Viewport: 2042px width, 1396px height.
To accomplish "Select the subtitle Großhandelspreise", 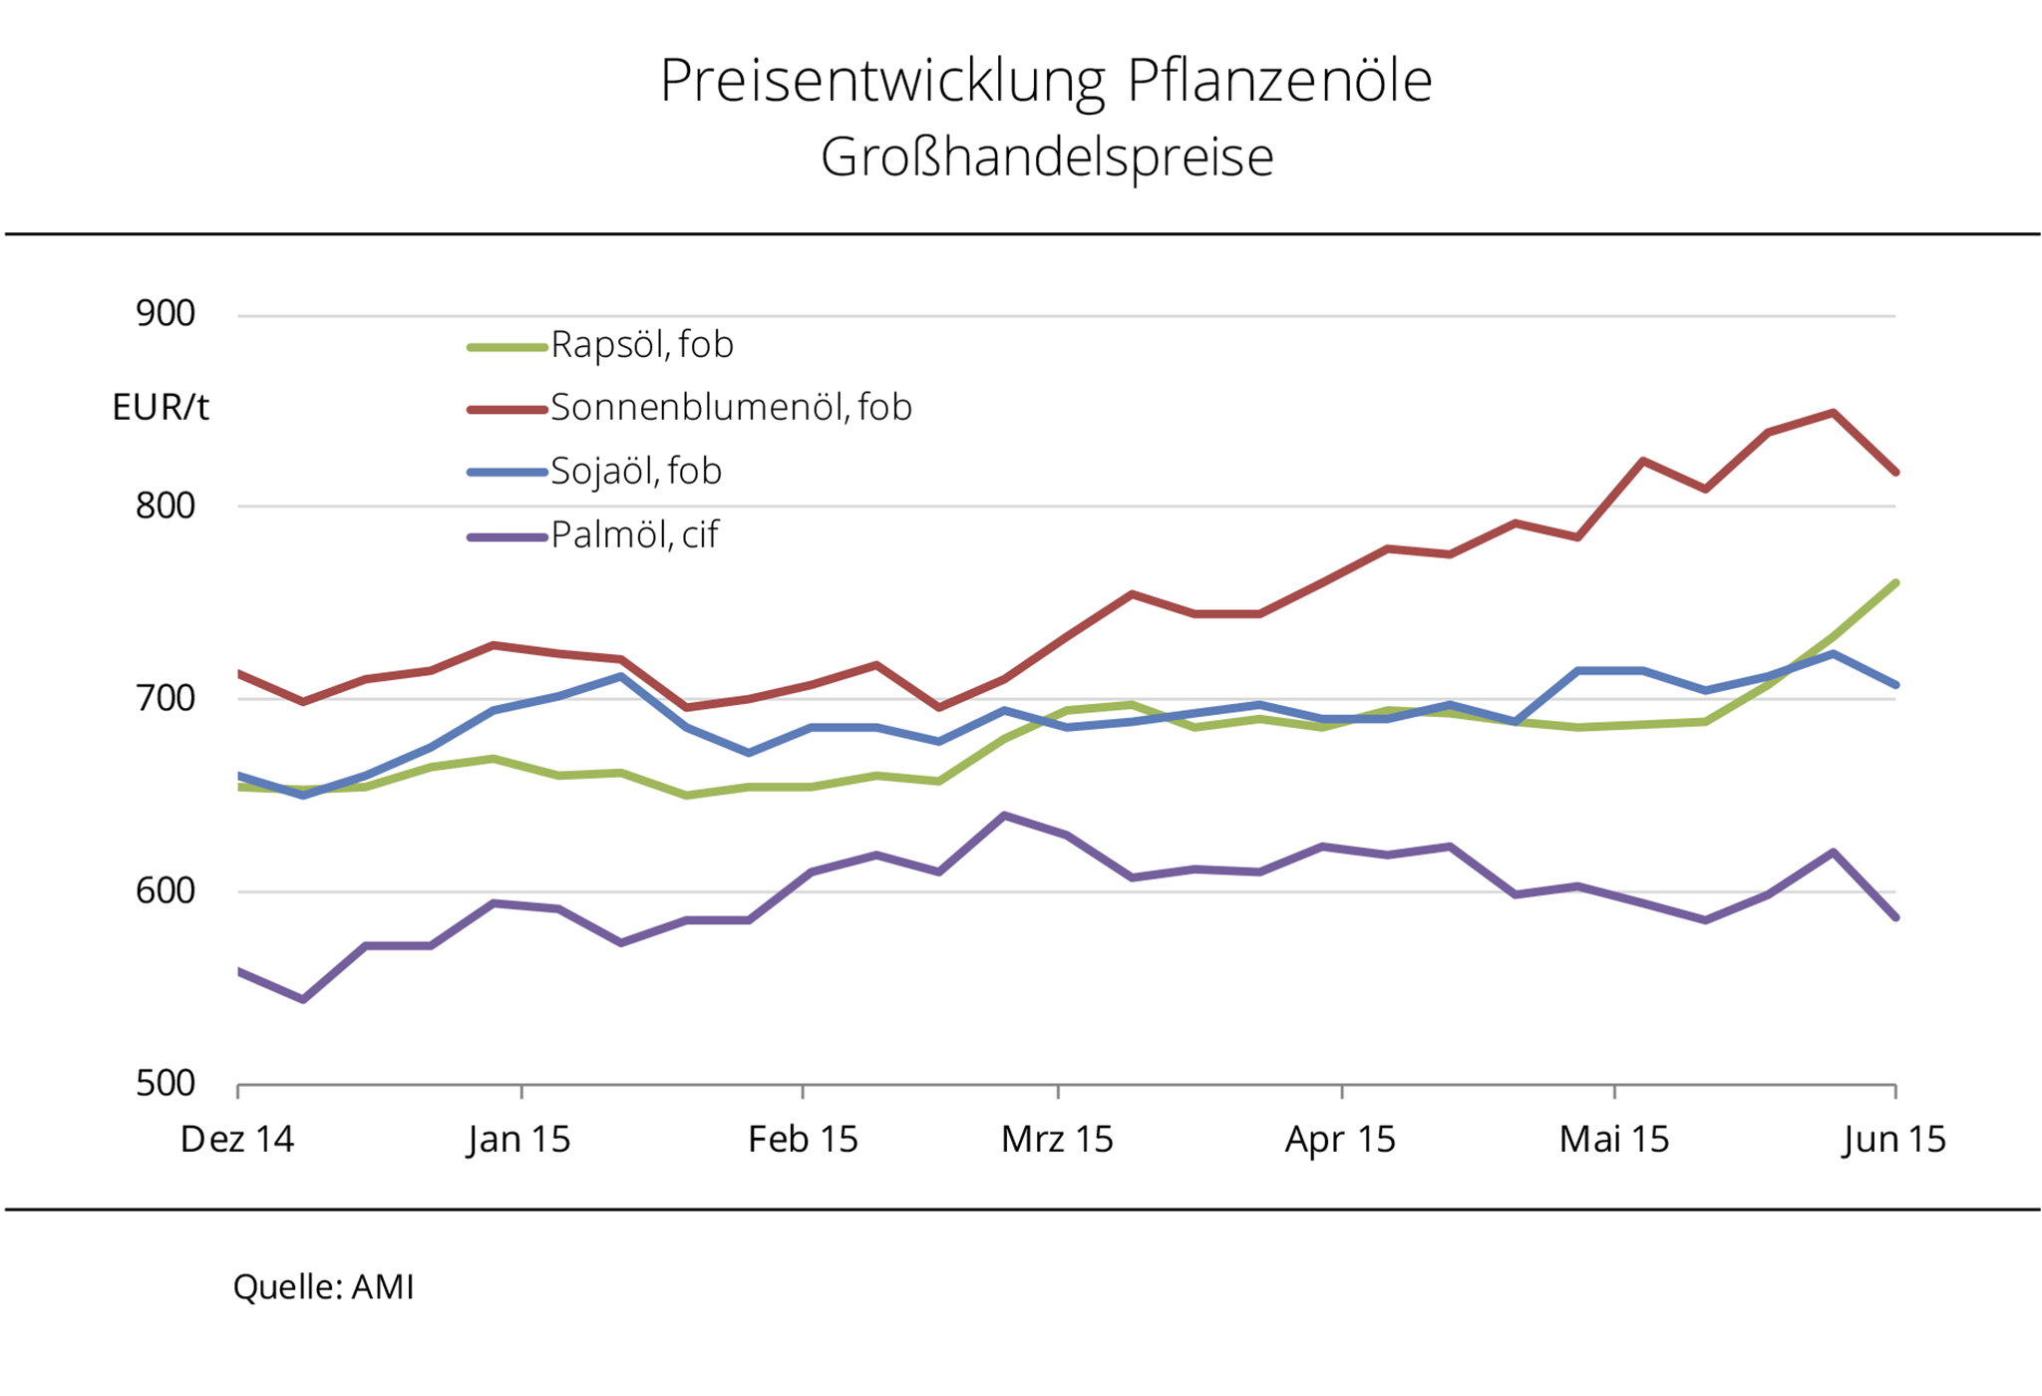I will coord(1047,158).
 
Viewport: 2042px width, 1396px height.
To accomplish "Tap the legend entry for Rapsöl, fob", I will coord(641,345).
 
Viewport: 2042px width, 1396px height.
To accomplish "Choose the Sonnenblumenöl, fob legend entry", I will coord(730,408).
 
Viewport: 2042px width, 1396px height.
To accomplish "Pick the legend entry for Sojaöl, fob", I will coord(635,472).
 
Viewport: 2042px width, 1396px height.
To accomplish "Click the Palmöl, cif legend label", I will coord(634,535).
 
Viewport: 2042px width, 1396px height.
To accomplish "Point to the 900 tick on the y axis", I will coord(166,314).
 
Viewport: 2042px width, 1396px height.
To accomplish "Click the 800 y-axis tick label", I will coord(166,506).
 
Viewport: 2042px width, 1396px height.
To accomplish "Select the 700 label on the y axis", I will coord(166,698).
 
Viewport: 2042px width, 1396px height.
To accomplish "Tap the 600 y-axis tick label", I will coord(166,890).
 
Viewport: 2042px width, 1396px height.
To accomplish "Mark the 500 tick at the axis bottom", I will coord(166,1083).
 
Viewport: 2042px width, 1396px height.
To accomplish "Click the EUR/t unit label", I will coord(161,408).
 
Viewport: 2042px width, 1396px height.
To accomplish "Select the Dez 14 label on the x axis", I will coord(237,1139).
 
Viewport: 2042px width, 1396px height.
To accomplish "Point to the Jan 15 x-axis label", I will coord(519,1139).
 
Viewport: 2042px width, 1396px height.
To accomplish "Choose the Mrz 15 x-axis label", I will coord(1057,1139).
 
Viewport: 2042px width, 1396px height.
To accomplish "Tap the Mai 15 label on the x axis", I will coord(1614,1139).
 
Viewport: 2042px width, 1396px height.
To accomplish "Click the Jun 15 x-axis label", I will coord(1894,1139).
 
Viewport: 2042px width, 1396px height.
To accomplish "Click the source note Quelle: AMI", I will coord(323,1287).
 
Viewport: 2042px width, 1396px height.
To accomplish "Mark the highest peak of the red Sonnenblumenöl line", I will coord(1833,413).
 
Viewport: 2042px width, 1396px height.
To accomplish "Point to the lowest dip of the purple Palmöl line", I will coord(303,999).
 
